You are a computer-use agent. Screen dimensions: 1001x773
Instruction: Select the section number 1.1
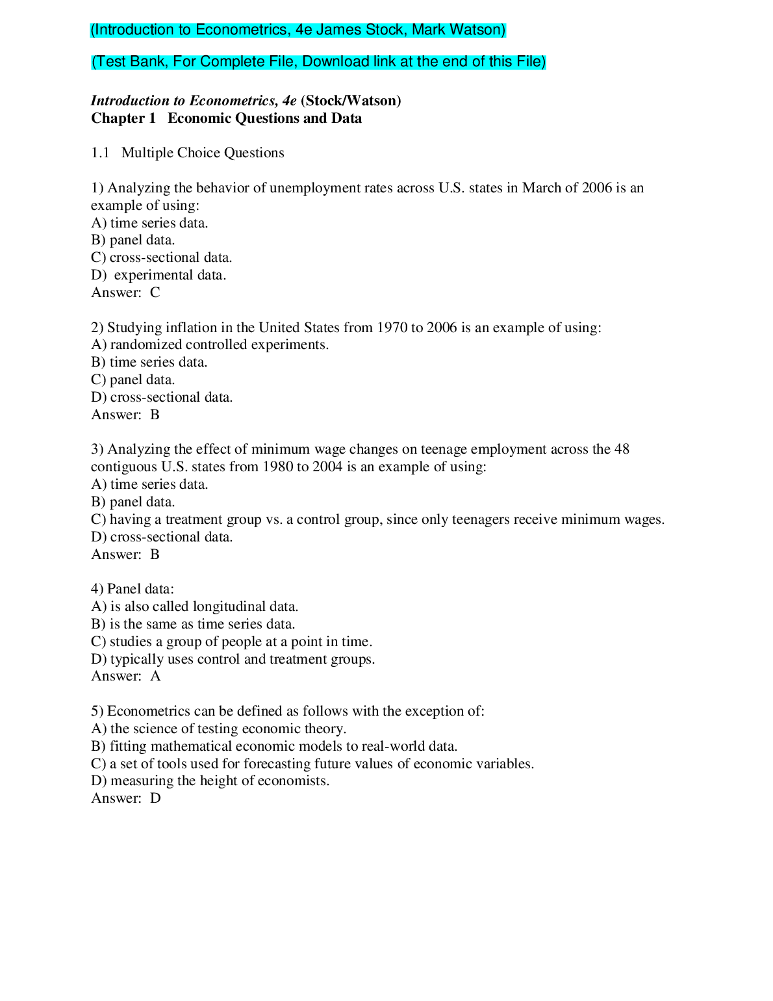click(x=100, y=153)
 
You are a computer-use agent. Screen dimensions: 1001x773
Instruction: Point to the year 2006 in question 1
click(x=596, y=188)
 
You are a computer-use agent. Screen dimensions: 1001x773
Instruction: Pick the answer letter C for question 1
click(x=155, y=292)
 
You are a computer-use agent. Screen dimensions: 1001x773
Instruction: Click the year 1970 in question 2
click(x=391, y=328)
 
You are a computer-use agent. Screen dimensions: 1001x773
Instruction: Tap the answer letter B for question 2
click(x=155, y=415)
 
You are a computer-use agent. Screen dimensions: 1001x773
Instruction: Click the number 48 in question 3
click(x=622, y=449)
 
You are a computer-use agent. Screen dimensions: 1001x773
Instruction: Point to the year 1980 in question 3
click(x=277, y=467)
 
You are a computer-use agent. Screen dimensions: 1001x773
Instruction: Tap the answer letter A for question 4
click(x=155, y=676)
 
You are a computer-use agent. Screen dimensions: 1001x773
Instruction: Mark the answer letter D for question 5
click(x=155, y=798)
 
